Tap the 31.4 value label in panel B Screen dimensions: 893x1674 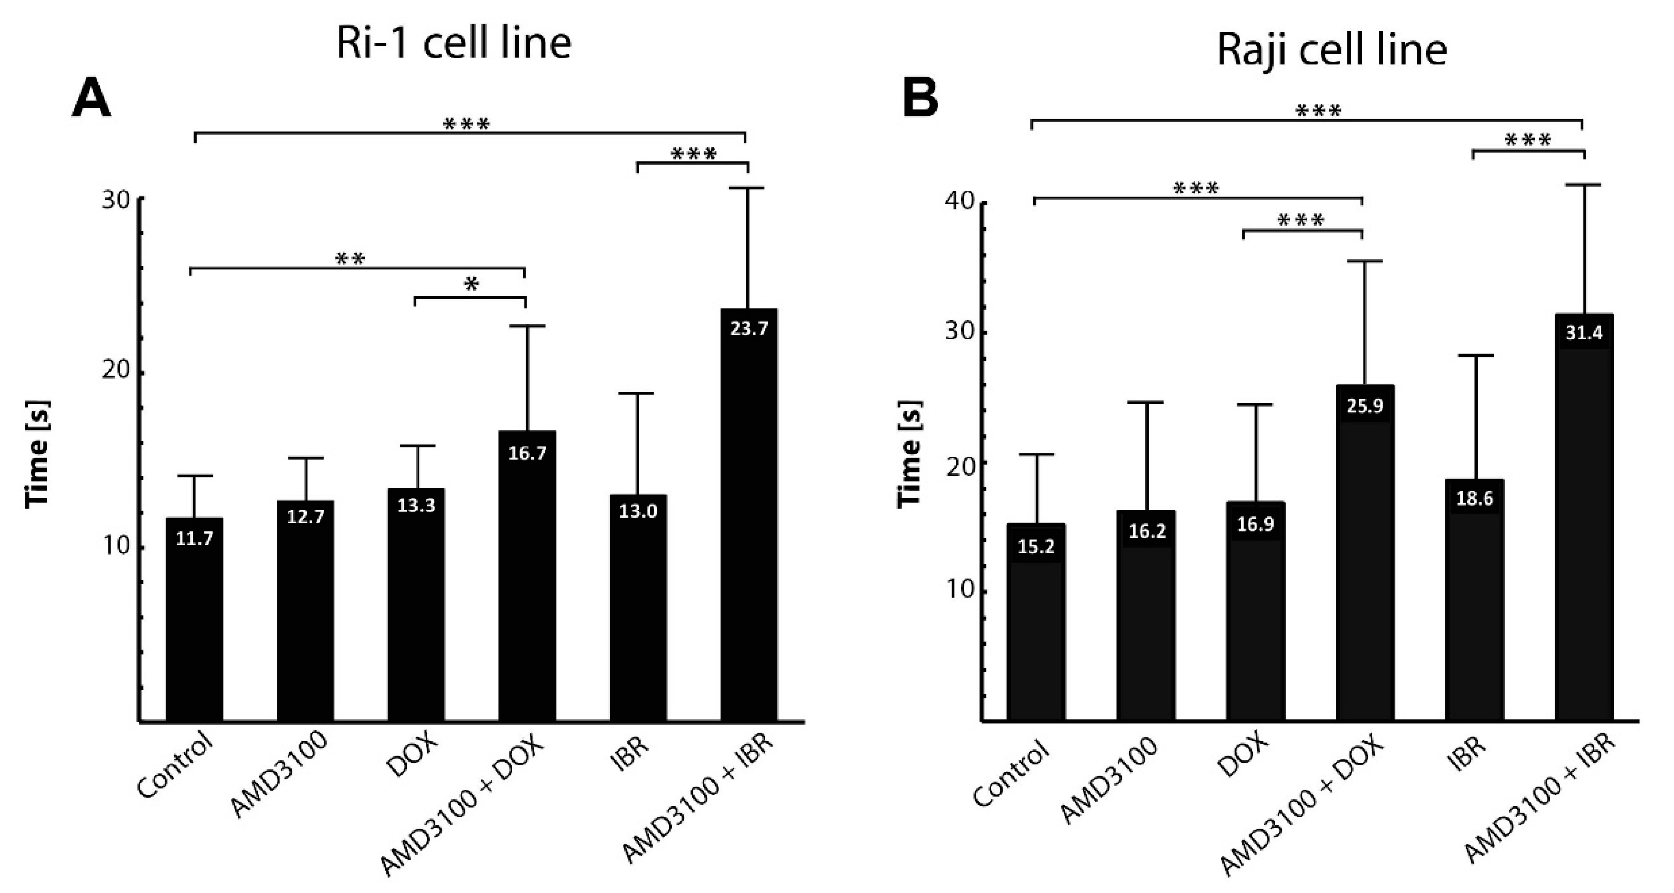(1584, 333)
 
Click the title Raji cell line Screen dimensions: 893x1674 (1332, 50)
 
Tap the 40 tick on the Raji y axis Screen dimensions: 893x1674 (960, 202)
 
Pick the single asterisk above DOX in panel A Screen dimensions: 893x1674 (472, 284)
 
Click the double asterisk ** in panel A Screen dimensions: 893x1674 (350, 258)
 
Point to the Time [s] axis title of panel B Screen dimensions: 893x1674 (910, 453)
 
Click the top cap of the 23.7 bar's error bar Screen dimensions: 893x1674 (748, 188)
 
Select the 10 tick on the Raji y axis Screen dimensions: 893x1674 (960, 590)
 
